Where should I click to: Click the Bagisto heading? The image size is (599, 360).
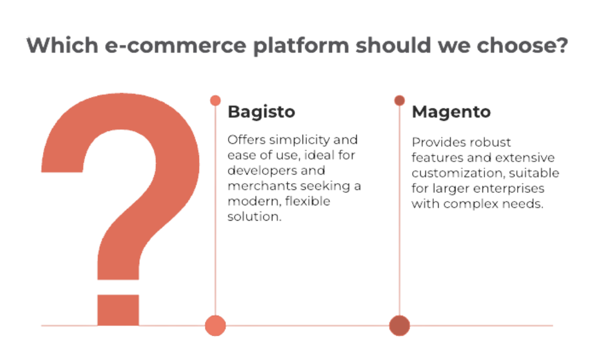pos(261,112)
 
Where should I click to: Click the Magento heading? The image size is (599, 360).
pos(451,112)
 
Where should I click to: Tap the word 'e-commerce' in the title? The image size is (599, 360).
pos(176,45)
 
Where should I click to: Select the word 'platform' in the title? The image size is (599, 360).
pos(301,46)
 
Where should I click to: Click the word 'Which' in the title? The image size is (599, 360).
pos(62,45)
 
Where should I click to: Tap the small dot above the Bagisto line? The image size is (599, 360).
pos(216,100)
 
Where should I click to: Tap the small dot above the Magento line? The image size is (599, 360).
pos(399,100)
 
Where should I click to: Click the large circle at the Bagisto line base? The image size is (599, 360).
pos(216,325)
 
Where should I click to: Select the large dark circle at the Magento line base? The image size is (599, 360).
pos(399,325)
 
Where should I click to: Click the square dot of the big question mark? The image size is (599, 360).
pos(118,310)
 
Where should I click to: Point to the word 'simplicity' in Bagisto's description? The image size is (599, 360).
pos(299,141)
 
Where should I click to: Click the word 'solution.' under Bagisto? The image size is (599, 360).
pos(255,216)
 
